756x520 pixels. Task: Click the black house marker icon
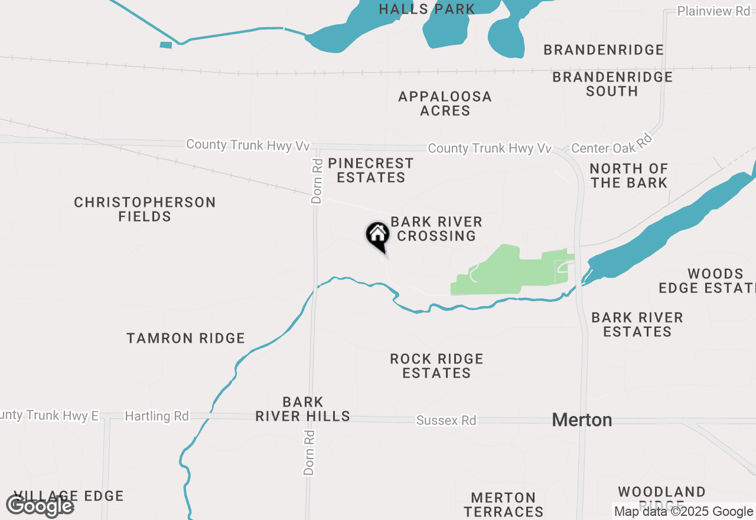(377, 236)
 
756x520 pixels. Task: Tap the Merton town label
(582, 420)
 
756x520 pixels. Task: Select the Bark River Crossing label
(436, 229)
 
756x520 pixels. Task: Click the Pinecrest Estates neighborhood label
(370, 170)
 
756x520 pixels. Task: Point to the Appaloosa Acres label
(445, 103)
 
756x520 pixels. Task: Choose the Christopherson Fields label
(145, 209)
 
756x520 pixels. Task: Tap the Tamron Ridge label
(185, 338)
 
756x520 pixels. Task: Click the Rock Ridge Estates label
(436, 366)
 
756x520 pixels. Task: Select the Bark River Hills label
(302, 409)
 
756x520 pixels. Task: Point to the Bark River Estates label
(637, 324)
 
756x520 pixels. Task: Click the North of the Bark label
(628, 175)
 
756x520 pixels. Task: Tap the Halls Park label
(427, 9)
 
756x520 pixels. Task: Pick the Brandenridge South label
(612, 84)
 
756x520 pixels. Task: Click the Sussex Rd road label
(446, 421)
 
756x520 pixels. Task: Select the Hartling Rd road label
(157, 417)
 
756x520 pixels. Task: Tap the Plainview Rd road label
(713, 11)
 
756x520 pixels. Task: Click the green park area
(502, 272)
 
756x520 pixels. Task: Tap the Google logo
(40, 506)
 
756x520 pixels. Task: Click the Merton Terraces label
(503, 504)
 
